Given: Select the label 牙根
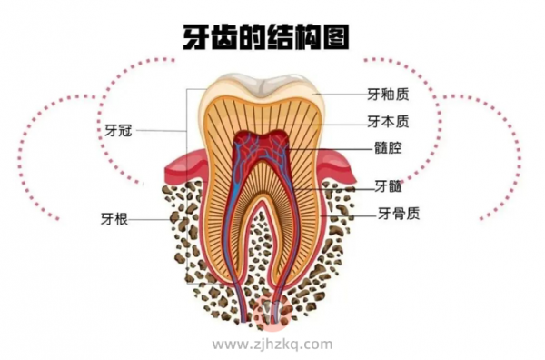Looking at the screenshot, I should [x=114, y=218].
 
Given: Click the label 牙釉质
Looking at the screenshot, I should [x=388, y=94].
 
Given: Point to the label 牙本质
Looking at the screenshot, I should [x=388, y=121].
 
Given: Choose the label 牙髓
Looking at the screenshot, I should [x=388, y=187].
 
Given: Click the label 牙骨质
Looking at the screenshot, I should [x=398, y=215].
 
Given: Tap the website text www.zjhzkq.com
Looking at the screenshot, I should [x=272, y=345].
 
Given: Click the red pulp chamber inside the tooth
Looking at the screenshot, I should [x=263, y=150].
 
